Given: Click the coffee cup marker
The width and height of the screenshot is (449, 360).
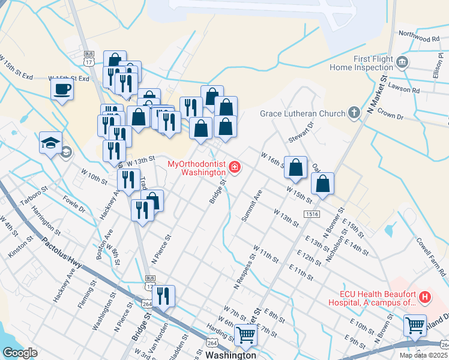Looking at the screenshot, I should pyautogui.click(x=62, y=91).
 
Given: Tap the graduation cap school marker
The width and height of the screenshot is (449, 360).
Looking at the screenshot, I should pyautogui.click(x=51, y=143).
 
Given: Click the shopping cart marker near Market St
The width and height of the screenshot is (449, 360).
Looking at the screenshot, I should pyautogui.click(x=246, y=334).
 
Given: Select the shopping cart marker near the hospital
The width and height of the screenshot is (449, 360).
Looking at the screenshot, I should pyautogui.click(x=415, y=325).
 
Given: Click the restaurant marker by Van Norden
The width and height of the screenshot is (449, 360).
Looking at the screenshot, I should pyautogui.click(x=163, y=295).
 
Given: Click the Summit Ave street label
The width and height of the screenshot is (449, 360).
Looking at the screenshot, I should pyautogui.click(x=252, y=206).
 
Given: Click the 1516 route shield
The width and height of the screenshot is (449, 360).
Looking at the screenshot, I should pyautogui.click(x=311, y=214).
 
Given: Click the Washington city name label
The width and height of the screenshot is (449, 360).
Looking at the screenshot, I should pyautogui.click(x=231, y=355).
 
